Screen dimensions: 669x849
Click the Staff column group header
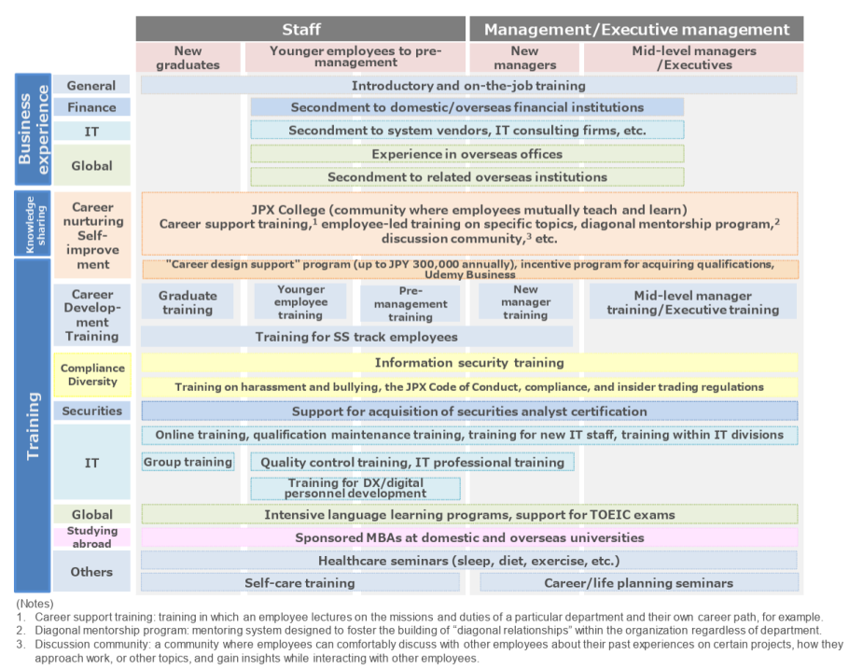tap(300, 29)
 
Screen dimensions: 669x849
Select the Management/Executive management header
tap(636, 29)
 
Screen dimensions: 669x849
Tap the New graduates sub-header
tap(188, 58)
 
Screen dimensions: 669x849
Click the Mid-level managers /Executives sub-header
tap(693, 58)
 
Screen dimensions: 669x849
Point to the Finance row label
tap(91, 107)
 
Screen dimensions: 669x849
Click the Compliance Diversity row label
tap(92, 374)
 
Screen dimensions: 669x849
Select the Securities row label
tap(91, 411)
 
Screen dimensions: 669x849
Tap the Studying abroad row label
tap(91, 537)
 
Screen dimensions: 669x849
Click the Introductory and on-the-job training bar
tap(468, 85)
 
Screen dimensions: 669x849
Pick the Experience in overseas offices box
tap(466, 154)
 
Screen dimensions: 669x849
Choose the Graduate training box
tap(188, 302)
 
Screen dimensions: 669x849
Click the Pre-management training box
tap(411, 303)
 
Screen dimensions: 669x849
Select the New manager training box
tap(525, 302)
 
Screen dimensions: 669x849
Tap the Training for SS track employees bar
tap(356, 336)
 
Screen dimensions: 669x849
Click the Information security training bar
tap(469, 362)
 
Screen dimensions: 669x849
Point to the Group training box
tap(188, 462)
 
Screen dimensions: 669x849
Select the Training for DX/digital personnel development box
tap(355, 488)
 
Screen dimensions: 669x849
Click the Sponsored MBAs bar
tap(469, 537)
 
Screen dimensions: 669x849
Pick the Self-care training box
tap(299, 583)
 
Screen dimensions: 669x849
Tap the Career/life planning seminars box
tap(638, 583)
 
